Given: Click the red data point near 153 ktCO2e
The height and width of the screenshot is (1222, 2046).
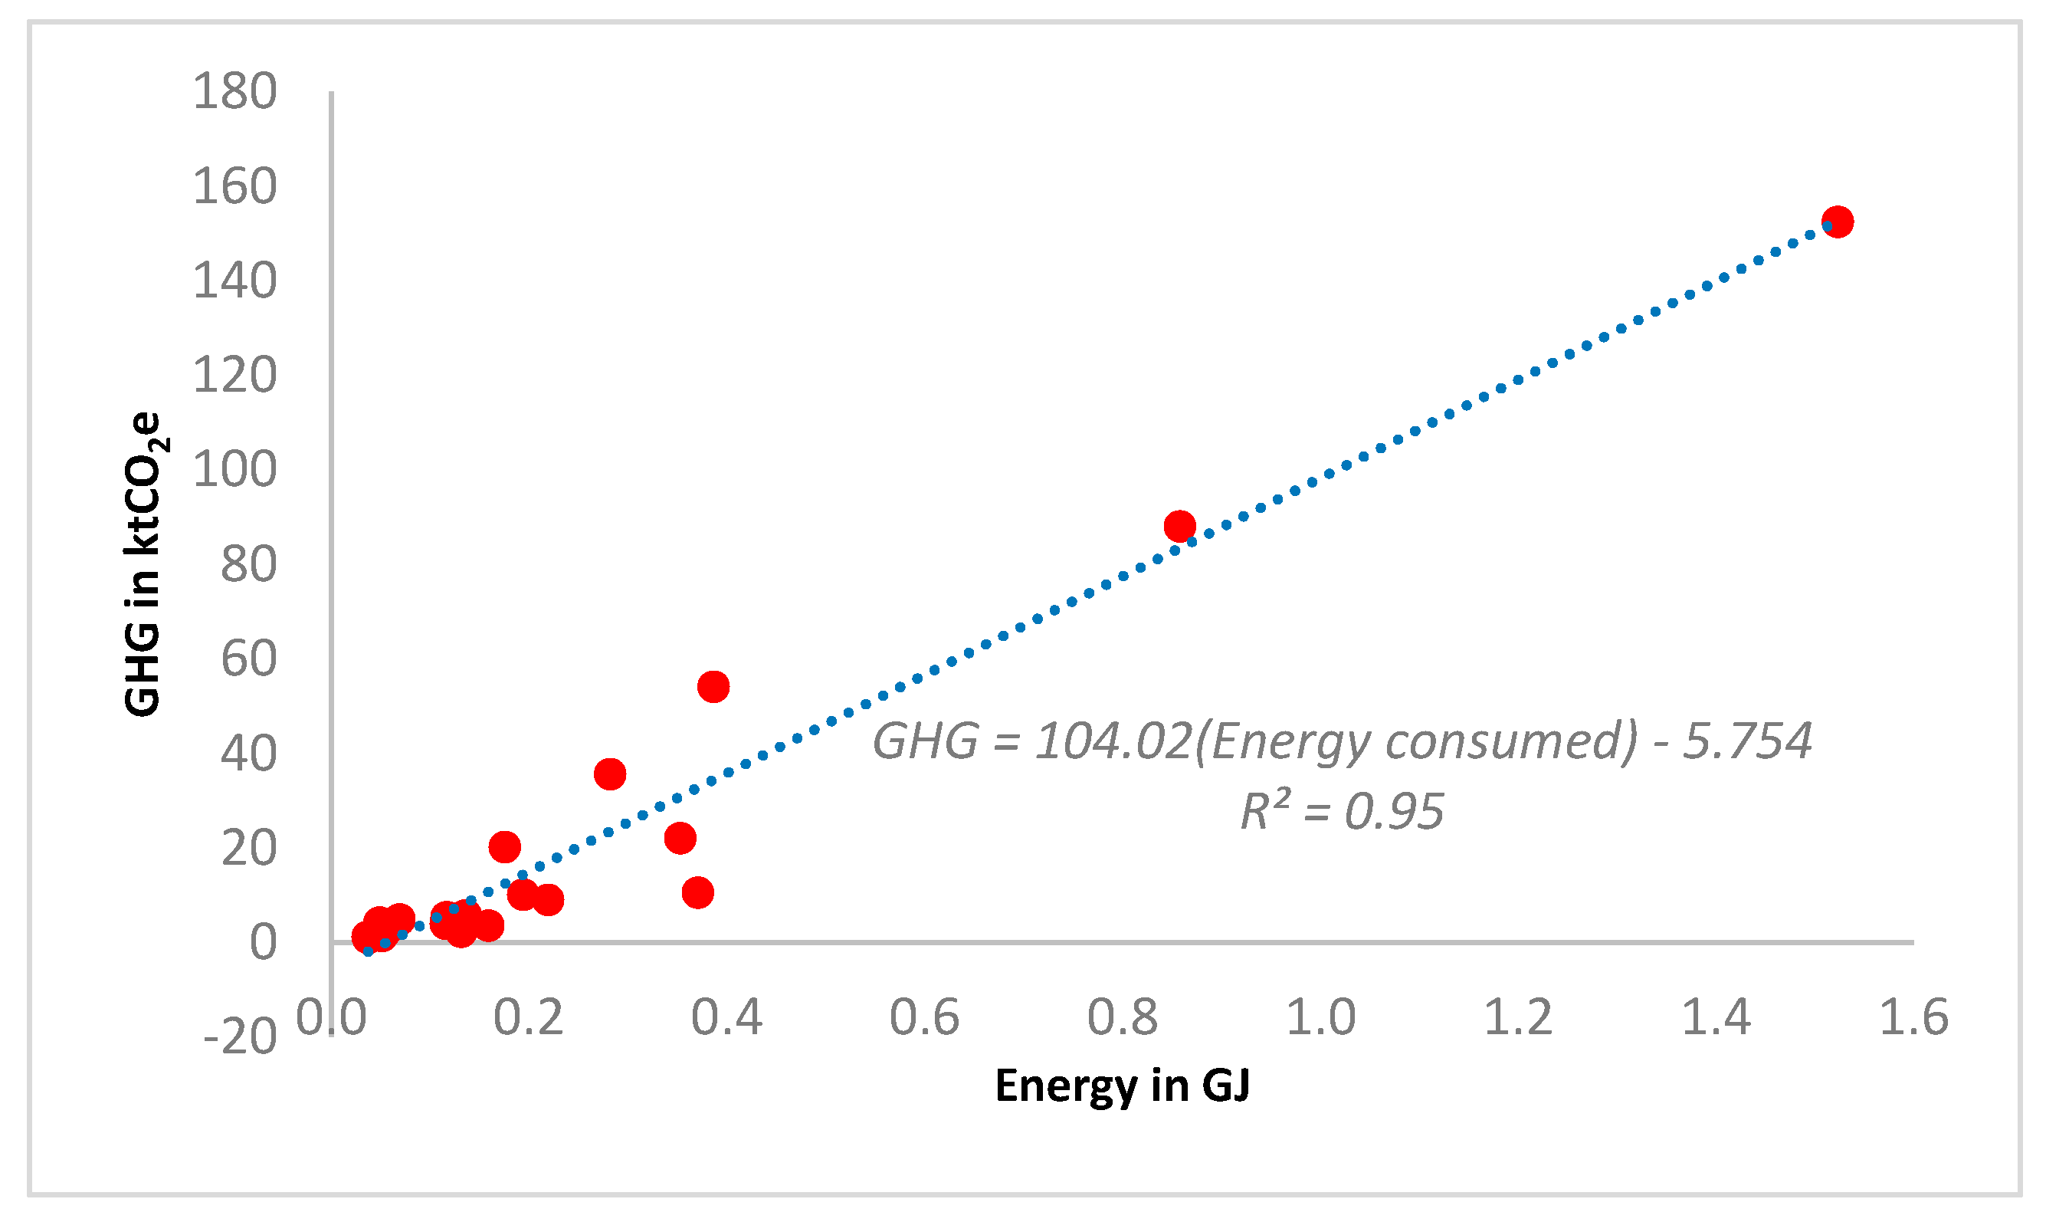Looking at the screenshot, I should (x=1837, y=222).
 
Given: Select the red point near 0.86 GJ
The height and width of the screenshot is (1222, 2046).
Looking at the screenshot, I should (x=1179, y=525).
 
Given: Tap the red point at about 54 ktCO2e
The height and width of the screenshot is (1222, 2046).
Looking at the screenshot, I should (x=713, y=686).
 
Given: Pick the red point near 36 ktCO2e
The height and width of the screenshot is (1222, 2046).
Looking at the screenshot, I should (x=610, y=774).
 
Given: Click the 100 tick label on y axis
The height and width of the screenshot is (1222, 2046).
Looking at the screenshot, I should (x=234, y=469).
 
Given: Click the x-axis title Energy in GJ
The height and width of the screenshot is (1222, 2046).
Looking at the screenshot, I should (x=1123, y=1085).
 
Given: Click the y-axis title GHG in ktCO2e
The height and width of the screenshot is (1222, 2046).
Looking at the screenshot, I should (x=144, y=564).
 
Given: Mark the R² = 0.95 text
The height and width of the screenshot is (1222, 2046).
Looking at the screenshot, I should (x=1342, y=811).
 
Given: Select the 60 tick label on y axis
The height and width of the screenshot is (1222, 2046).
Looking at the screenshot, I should (x=248, y=659).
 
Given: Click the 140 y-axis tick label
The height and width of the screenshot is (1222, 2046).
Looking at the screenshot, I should (x=234, y=280).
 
